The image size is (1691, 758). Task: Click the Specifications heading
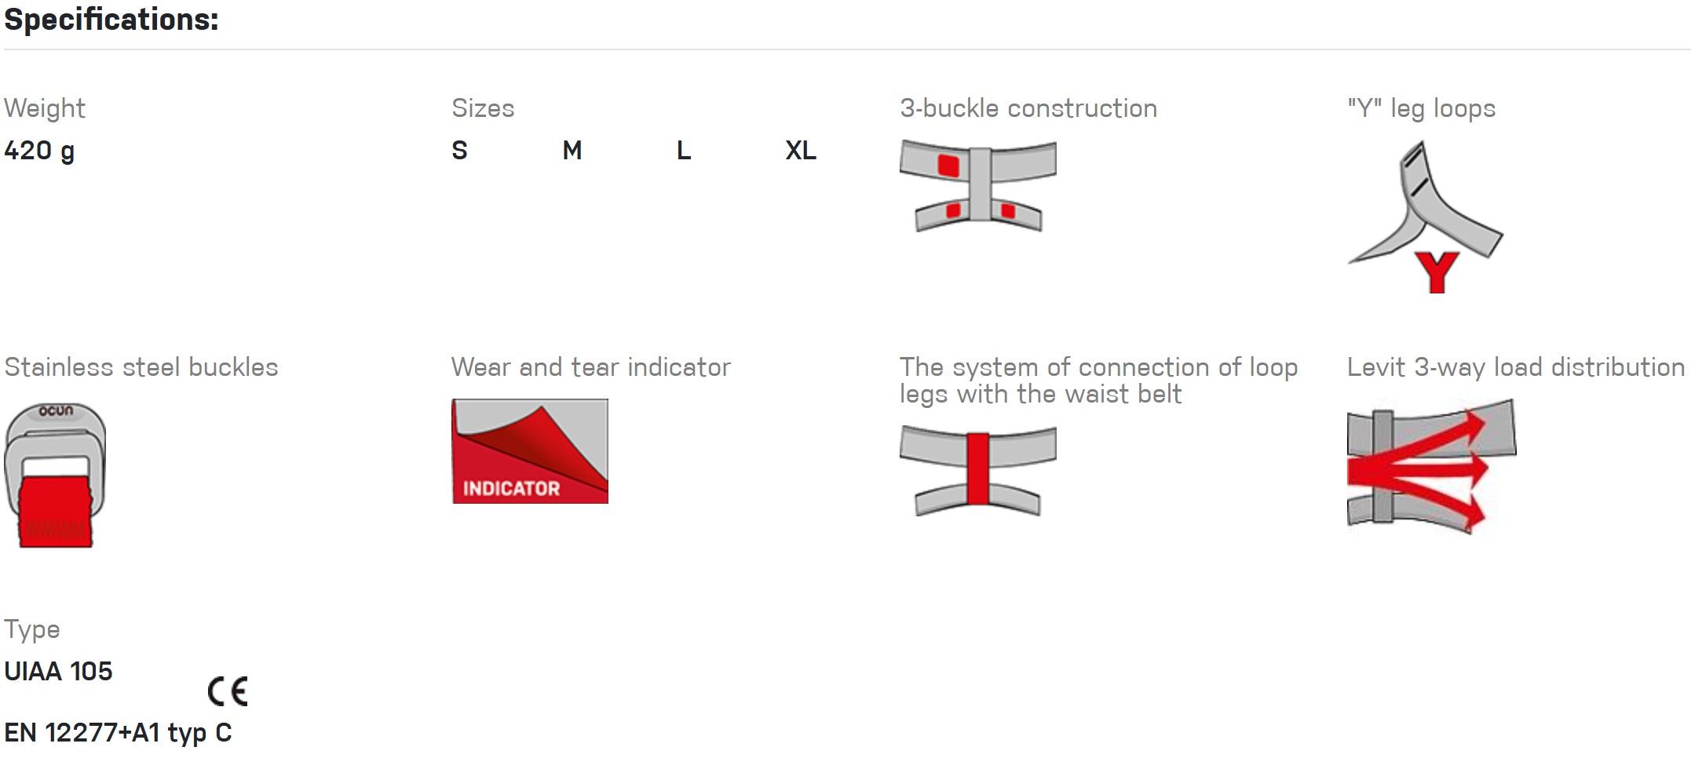click(111, 20)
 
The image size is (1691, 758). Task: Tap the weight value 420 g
click(39, 151)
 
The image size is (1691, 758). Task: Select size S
click(460, 150)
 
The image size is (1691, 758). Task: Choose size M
click(572, 150)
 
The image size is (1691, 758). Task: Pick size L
click(684, 150)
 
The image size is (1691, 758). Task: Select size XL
click(801, 150)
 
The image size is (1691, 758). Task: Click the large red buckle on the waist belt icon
click(948, 166)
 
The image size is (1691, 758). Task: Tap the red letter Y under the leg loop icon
click(1437, 272)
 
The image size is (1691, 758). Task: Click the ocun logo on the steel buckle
click(57, 410)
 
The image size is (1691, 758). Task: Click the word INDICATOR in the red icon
click(511, 488)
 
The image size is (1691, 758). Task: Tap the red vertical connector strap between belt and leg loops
click(978, 468)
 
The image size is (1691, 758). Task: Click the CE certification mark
click(228, 691)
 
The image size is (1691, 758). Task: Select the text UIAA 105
click(58, 672)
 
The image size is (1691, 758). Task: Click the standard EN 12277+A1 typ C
click(118, 733)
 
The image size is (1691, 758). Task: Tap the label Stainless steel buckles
click(141, 367)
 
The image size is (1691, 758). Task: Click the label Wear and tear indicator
click(591, 367)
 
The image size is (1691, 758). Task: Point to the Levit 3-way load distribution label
click(1516, 367)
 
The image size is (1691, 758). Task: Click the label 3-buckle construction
click(1028, 108)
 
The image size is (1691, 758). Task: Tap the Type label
click(32, 630)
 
